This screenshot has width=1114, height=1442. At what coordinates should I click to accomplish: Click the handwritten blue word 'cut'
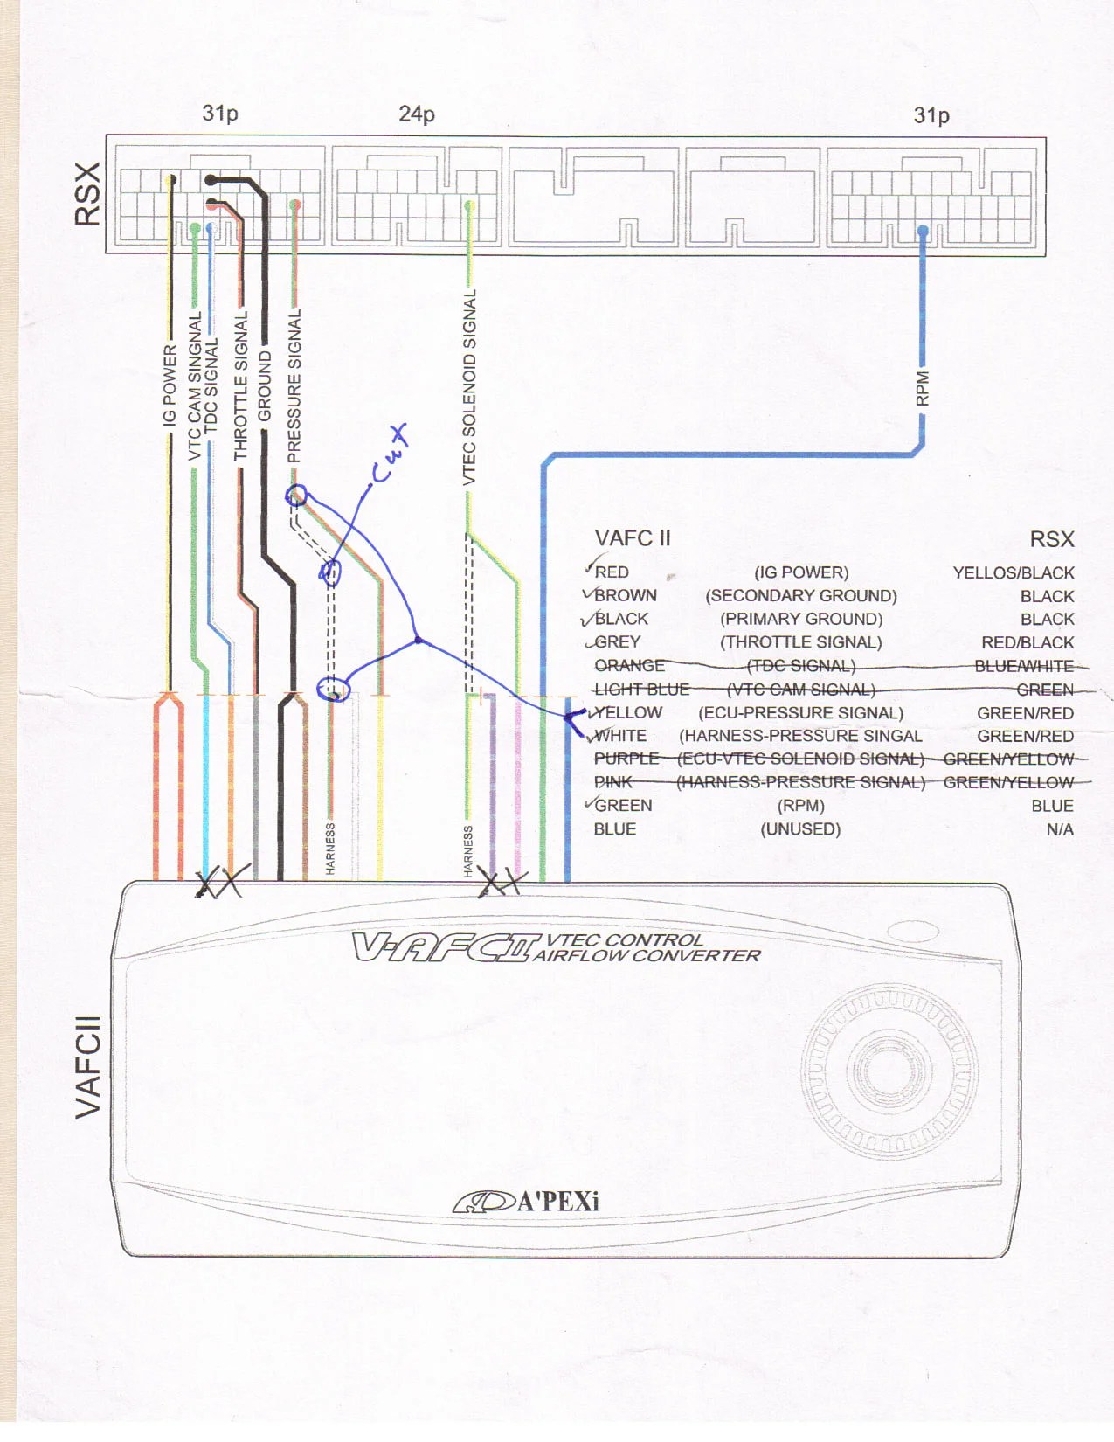pyautogui.click(x=390, y=454)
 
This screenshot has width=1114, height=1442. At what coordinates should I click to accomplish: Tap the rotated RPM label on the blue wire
pyautogui.click(x=923, y=389)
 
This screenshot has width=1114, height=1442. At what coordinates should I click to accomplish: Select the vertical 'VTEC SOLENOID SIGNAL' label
pyautogui.click(x=470, y=387)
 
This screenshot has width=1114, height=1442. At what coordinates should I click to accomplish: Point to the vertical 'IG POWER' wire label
pyautogui.click(x=170, y=385)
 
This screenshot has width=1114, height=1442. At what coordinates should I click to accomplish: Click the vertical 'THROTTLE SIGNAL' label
pyautogui.click(x=241, y=385)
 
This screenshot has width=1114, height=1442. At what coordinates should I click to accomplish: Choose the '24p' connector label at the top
pyautogui.click(x=417, y=114)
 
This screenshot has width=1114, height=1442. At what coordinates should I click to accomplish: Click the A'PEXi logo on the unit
pyautogui.click(x=527, y=1202)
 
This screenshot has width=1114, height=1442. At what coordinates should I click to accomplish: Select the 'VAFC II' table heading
pyautogui.click(x=633, y=538)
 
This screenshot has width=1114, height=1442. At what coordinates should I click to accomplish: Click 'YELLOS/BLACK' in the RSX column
pyautogui.click(x=1014, y=573)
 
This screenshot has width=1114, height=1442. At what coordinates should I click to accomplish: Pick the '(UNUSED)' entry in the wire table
pyautogui.click(x=800, y=829)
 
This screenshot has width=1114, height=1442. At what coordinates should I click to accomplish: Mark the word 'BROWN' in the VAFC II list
pyautogui.click(x=625, y=596)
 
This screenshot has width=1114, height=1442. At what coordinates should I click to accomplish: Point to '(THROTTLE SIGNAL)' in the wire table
pyautogui.click(x=801, y=642)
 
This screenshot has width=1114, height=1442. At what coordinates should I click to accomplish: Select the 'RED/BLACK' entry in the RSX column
pyautogui.click(x=1028, y=642)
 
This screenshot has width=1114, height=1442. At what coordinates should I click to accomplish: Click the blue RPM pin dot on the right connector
pyautogui.click(x=923, y=231)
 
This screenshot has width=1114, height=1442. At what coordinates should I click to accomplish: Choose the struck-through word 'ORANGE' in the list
pyautogui.click(x=629, y=666)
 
